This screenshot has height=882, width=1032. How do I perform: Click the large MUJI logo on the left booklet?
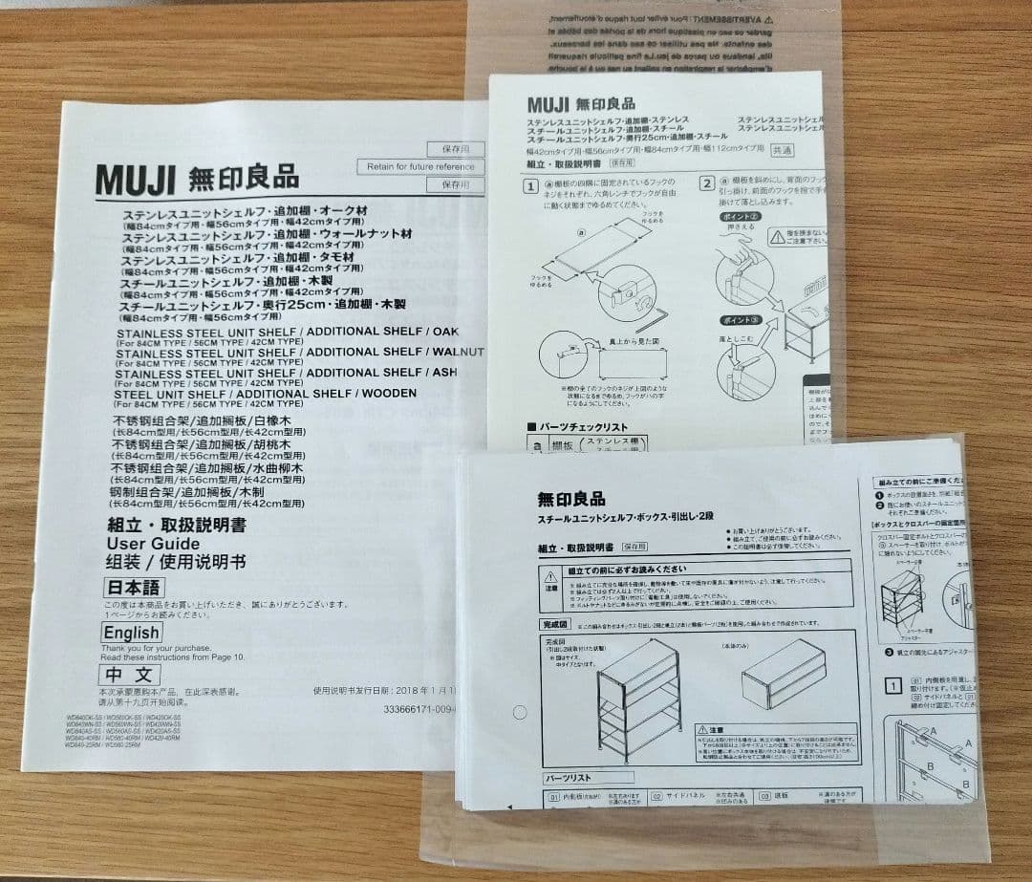(x=135, y=180)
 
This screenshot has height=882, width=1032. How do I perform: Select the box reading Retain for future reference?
(x=420, y=166)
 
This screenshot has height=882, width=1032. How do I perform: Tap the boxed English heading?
(x=132, y=633)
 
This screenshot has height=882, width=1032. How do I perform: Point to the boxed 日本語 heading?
(x=132, y=587)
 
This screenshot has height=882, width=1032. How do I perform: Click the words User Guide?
(x=153, y=544)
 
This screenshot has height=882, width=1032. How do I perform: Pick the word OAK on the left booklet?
(x=445, y=333)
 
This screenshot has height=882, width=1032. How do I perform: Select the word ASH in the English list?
(x=444, y=373)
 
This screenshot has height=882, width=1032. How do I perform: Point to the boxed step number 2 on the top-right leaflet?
(x=707, y=183)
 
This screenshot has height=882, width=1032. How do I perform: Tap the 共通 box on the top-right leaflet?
(x=782, y=150)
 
